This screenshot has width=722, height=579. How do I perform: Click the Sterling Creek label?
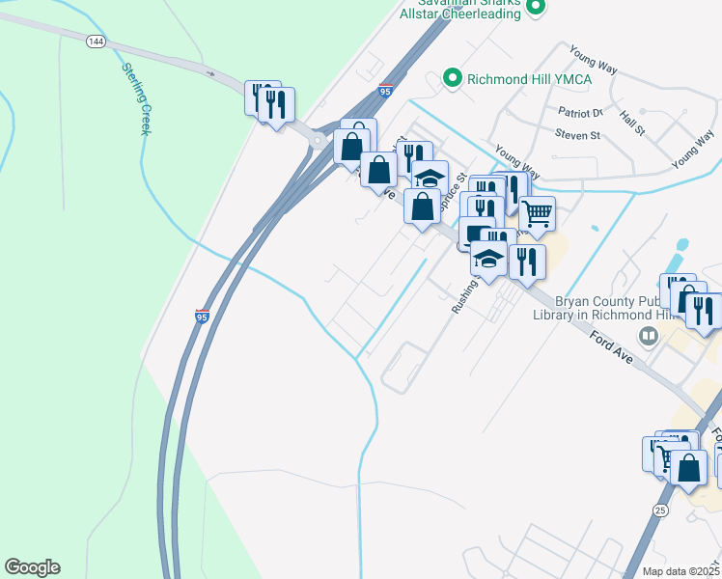(x=135, y=98)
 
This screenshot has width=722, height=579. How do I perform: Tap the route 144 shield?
(x=96, y=41)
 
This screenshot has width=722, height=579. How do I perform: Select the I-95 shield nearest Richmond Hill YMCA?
(x=385, y=91)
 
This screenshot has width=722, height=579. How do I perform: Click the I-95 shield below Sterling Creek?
(x=202, y=317)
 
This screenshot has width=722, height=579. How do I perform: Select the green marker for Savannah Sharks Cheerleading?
(x=539, y=8)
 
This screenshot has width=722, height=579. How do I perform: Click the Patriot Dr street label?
(x=579, y=113)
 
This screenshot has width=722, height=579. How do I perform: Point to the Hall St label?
(x=633, y=121)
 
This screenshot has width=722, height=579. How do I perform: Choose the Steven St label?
(x=577, y=136)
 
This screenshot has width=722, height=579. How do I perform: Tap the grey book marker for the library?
(x=649, y=336)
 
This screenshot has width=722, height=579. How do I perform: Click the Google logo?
(x=32, y=567)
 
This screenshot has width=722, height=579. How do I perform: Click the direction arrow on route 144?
(x=208, y=72)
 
